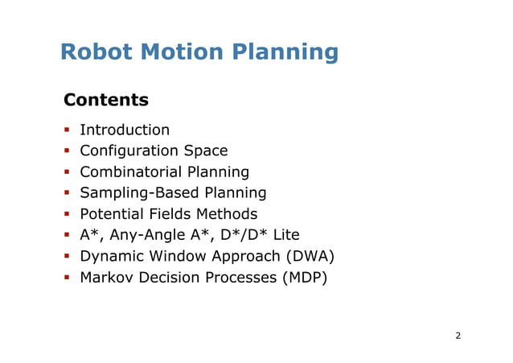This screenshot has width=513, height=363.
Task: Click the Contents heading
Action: pyautogui.click(x=105, y=101)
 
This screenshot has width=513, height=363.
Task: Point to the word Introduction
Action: pyautogui.click(x=125, y=130)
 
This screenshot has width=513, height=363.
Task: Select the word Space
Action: pyautogui.click(x=206, y=151)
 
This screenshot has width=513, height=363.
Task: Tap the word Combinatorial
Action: pyautogui.click(x=131, y=172)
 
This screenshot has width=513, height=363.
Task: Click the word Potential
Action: pyautogui.click(x=111, y=214)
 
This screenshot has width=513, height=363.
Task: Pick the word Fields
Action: pyautogui.click(x=170, y=214)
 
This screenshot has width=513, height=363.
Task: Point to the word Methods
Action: pyautogui.click(x=227, y=214)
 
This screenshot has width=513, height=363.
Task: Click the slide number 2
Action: pyautogui.click(x=458, y=336)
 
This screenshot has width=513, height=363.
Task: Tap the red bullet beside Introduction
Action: pyautogui.click(x=68, y=130)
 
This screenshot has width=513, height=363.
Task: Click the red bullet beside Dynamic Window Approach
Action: pyautogui.click(x=68, y=257)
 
